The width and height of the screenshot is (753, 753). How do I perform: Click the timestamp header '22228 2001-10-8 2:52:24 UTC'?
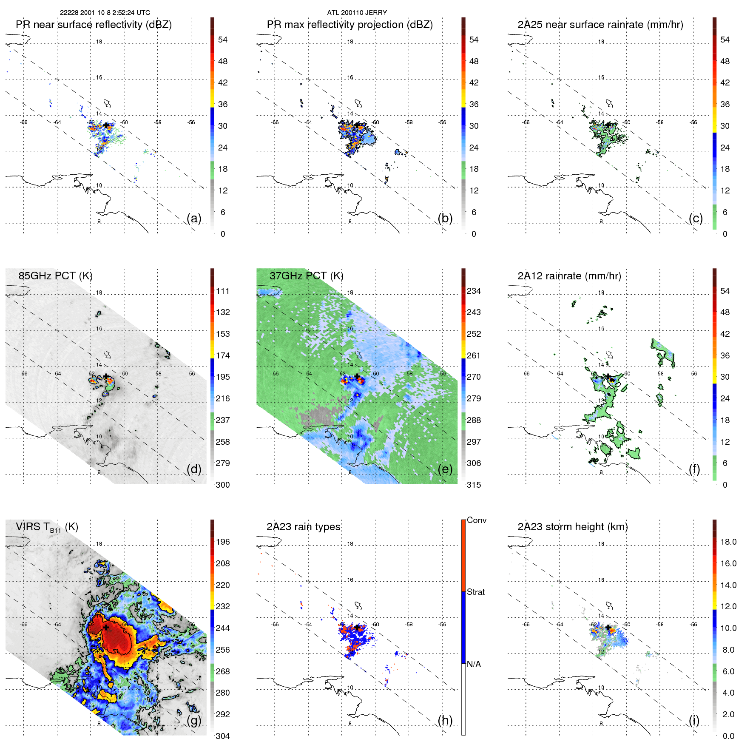105,13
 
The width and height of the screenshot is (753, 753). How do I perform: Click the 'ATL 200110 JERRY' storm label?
357,13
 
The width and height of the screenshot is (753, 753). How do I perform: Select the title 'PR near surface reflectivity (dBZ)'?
94,25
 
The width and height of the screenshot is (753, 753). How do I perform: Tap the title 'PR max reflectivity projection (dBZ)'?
350,25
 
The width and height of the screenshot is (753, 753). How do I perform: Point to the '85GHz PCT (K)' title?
55,276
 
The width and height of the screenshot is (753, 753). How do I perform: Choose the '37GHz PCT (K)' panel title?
306,276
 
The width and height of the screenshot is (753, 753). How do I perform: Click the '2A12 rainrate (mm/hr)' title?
569,276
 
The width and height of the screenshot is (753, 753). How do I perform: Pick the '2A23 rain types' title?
303,527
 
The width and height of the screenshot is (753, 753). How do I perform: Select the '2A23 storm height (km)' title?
572,527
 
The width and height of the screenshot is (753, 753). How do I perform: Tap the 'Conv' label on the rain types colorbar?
476,520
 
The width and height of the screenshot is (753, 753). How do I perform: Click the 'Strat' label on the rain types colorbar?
475,592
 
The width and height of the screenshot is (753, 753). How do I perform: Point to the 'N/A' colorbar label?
474,664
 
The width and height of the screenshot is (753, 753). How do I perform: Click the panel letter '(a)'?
194,218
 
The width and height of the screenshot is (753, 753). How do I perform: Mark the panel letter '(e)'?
445,469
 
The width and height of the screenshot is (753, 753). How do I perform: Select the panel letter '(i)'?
694,720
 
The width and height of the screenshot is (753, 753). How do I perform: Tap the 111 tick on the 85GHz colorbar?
222,291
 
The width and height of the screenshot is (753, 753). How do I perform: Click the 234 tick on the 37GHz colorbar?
474,291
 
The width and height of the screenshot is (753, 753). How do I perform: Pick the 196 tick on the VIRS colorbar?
222,542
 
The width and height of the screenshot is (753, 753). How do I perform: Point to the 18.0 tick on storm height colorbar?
728,542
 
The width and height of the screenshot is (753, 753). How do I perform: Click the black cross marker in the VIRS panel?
106,627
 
